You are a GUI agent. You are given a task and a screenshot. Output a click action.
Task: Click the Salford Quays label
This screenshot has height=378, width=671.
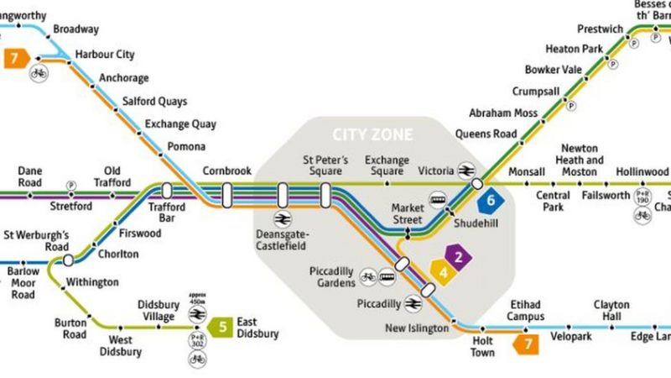[155, 102]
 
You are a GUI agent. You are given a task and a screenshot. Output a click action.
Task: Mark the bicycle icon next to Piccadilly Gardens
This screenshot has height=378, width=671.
[367, 275]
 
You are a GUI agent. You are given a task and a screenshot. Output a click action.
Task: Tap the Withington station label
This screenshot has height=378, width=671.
[92, 282]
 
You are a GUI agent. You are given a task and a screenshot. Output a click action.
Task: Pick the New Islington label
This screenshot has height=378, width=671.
[417, 328]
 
